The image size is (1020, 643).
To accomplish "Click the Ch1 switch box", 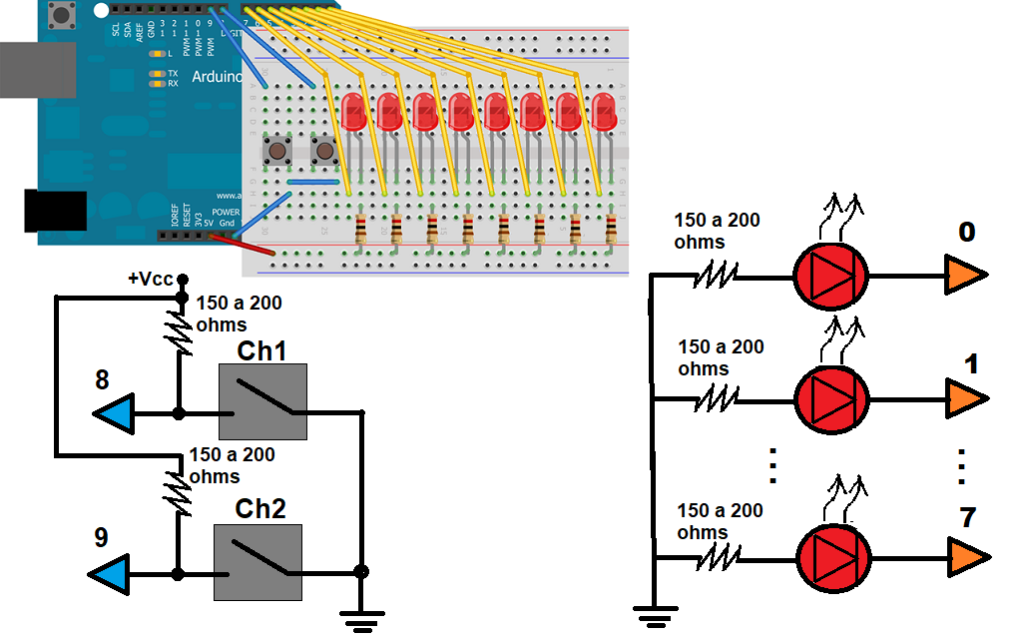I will tap(262, 401).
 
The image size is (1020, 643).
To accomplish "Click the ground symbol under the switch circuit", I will tap(360, 621).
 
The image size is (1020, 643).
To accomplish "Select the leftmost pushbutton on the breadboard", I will tap(274, 152).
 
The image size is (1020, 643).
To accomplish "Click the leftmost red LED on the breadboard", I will tap(352, 111).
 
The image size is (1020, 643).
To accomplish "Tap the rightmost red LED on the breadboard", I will tap(604, 111).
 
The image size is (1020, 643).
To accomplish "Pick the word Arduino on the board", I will tap(216, 77).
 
